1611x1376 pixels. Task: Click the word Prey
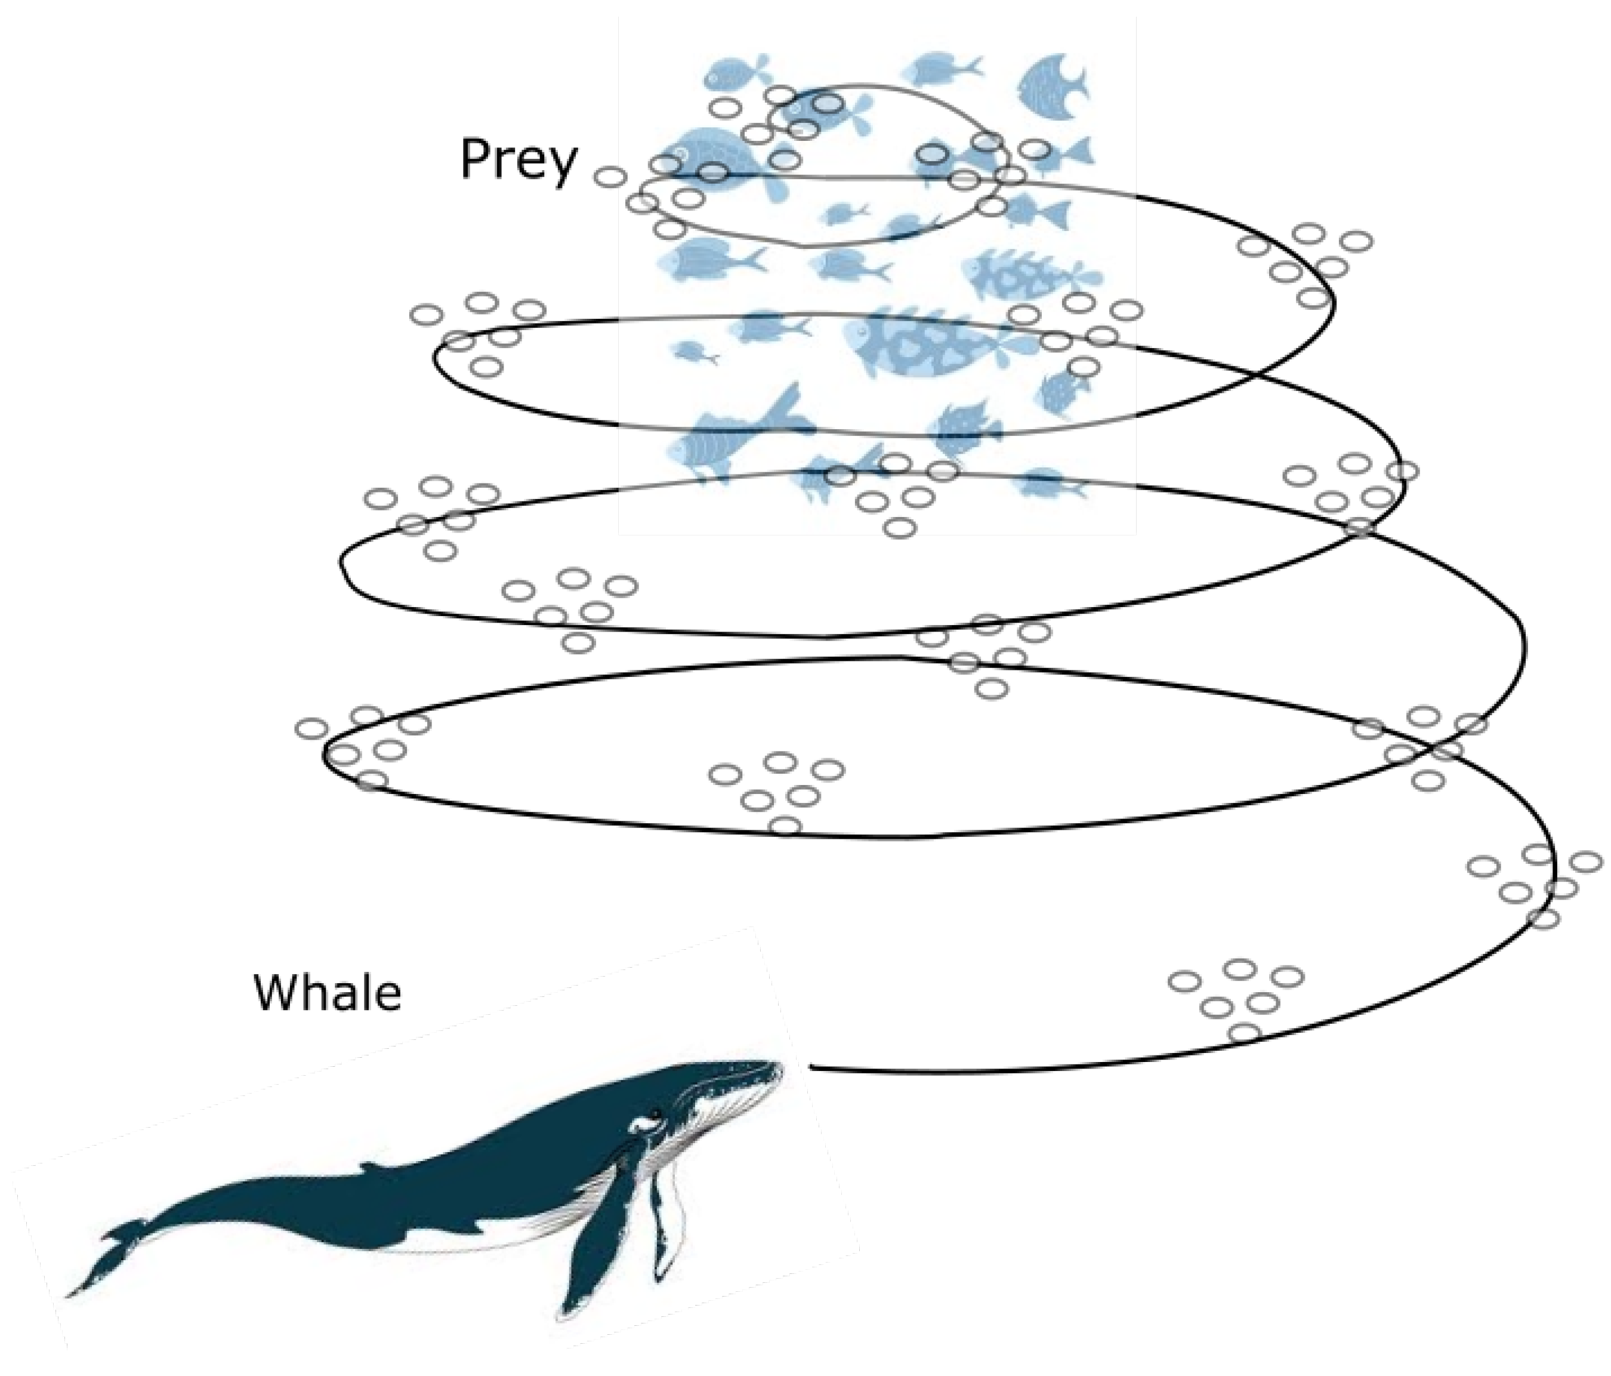tap(519, 159)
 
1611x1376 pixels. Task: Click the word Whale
tap(328, 993)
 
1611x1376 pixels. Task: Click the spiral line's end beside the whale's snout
tap(813, 1066)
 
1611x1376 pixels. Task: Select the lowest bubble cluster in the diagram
tap(1236, 999)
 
